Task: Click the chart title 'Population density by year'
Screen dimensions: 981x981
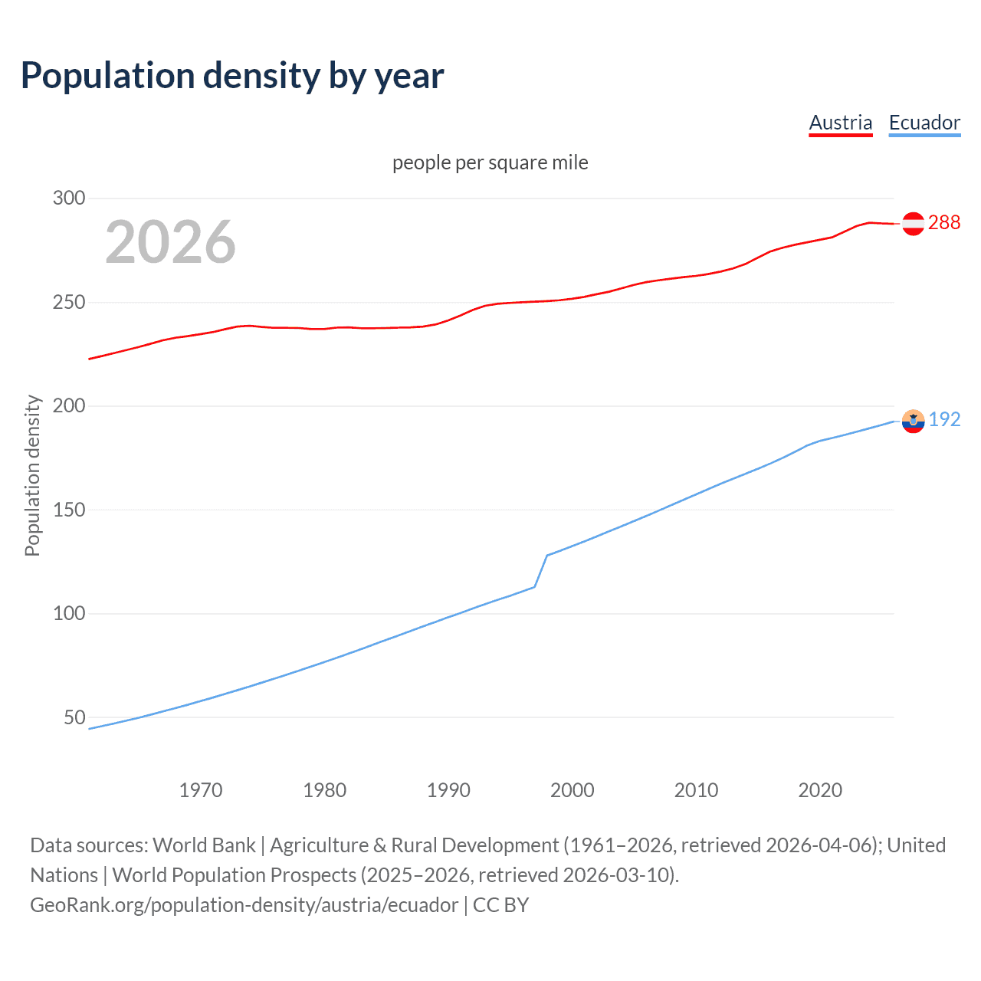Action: (232, 76)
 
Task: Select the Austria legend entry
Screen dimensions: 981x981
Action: (841, 123)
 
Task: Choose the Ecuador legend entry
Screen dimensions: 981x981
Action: (924, 123)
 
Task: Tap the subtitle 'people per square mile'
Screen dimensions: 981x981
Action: (490, 162)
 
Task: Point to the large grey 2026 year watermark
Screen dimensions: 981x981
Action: (170, 242)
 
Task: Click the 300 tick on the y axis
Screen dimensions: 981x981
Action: (69, 198)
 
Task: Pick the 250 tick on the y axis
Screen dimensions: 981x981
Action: (69, 302)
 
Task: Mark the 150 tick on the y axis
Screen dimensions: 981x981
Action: (69, 510)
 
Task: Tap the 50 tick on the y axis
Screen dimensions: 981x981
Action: (75, 717)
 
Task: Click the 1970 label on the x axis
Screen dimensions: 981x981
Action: (201, 790)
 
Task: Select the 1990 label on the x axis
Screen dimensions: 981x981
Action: (448, 790)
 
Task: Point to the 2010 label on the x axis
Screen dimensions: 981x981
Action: (696, 790)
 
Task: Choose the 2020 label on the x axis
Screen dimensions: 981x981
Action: (820, 790)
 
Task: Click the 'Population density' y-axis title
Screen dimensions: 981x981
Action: (32, 475)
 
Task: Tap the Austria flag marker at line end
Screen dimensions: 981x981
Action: (913, 223)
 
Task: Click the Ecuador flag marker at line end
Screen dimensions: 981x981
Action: (913, 421)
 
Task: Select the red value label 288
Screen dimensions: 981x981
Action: (944, 222)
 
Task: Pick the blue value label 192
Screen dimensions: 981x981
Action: (944, 419)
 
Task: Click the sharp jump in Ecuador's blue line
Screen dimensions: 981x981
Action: (541, 571)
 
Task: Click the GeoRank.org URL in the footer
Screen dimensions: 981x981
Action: (244, 905)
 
